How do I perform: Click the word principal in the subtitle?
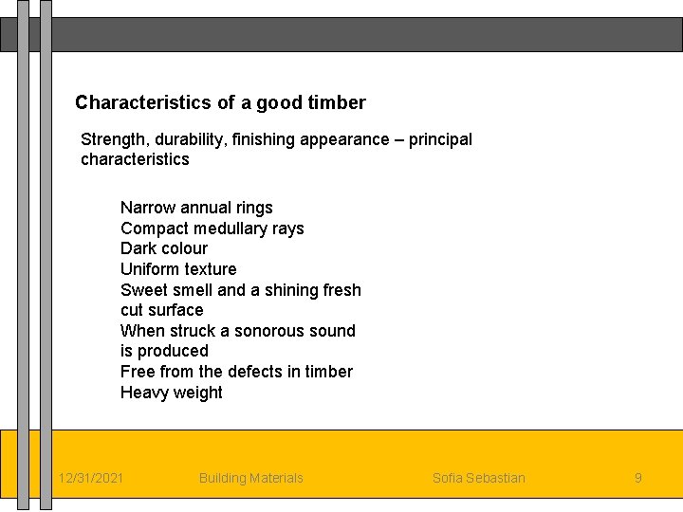pos(440,139)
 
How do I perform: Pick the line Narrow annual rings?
pos(196,208)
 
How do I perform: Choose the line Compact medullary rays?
pos(212,229)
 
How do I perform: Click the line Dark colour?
pos(163,248)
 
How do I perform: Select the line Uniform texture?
pos(178,269)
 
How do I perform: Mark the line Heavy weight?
pos(171,393)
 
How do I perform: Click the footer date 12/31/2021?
pos(90,478)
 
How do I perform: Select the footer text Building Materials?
pos(250,478)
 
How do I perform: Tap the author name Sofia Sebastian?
pos(478,478)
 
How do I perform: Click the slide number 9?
pos(637,478)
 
